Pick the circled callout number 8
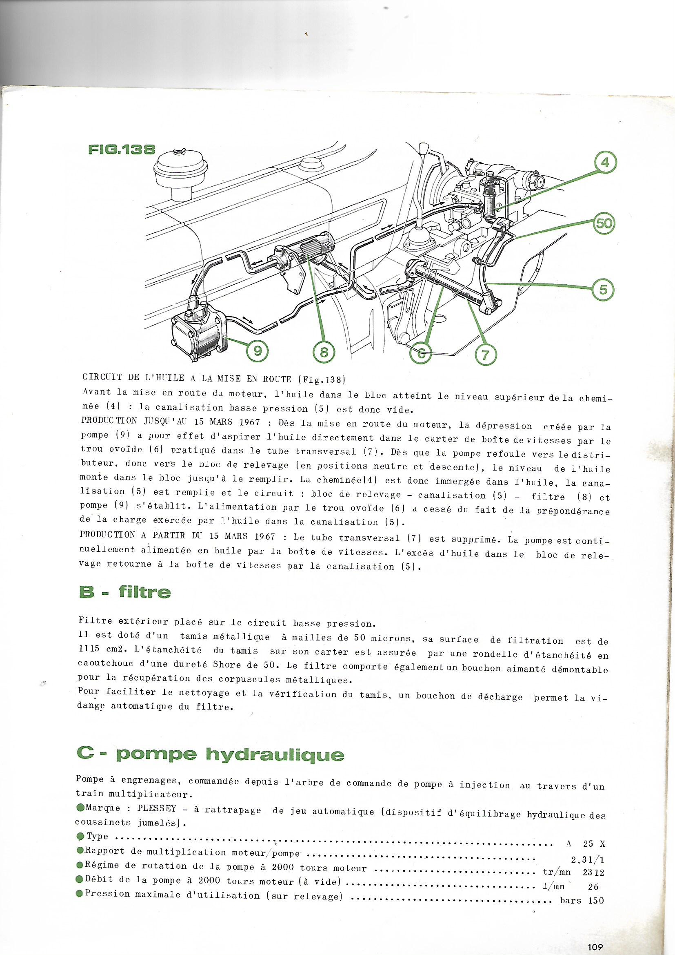tap(324, 352)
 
